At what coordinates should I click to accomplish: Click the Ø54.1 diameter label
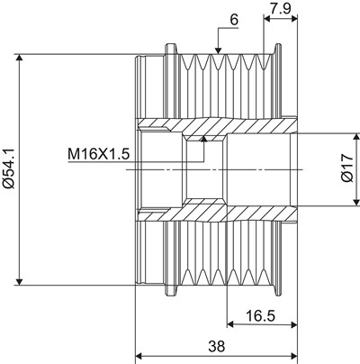(x=8, y=169)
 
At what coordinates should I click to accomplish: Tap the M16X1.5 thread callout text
(x=99, y=155)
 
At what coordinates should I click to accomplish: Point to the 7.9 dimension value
(x=280, y=9)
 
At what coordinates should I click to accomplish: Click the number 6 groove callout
(x=234, y=21)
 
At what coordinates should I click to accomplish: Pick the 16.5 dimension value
(x=260, y=316)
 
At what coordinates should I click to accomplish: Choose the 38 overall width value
(x=216, y=346)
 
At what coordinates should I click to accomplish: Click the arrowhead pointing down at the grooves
(x=218, y=50)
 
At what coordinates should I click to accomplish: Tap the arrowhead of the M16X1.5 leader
(x=204, y=139)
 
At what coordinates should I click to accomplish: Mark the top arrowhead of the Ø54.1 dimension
(x=20, y=58)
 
